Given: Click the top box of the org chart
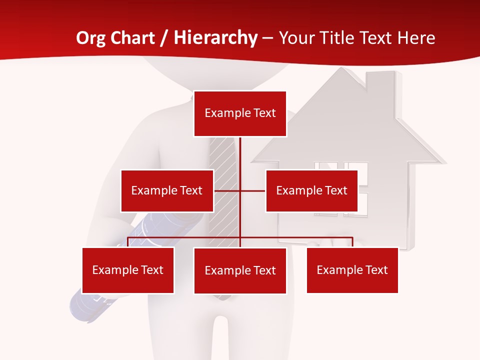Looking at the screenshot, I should (240, 113).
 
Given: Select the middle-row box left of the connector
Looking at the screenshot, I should (167, 190).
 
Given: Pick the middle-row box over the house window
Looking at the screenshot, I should (311, 190).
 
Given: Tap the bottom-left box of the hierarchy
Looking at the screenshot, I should (128, 270).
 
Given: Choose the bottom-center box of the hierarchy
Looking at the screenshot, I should (240, 270).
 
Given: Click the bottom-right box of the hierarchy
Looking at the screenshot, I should (352, 270).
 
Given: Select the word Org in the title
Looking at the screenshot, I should (91, 38).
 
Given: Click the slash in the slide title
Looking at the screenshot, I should (164, 38).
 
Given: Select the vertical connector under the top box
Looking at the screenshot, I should (240, 160).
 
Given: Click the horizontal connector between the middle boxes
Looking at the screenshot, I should (240, 190).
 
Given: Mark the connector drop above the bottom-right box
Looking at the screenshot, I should (352, 242).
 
